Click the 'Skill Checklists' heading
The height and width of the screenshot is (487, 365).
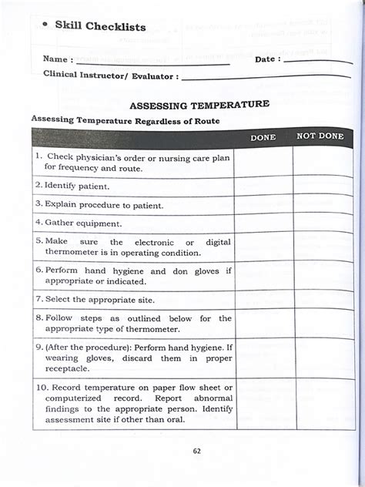(100, 26)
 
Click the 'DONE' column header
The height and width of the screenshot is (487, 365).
(263, 136)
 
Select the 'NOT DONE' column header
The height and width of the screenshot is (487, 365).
(320, 136)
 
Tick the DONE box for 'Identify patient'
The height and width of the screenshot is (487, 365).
(263, 186)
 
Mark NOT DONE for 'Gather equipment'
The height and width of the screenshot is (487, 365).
(320, 223)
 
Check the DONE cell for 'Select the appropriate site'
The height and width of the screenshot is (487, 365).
(263, 298)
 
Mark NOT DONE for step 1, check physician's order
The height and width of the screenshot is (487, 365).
(320, 161)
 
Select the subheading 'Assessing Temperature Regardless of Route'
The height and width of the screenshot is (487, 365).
(125, 120)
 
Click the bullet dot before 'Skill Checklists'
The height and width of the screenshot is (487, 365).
(46, 24)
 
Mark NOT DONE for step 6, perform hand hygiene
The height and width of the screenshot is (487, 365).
(320, 276)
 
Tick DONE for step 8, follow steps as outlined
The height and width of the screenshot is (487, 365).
(263, 324)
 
